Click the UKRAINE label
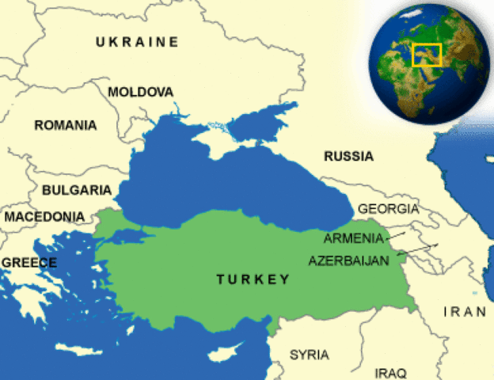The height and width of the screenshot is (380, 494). tap(137, 42)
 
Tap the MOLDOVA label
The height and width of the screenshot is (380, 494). tap(140, 92)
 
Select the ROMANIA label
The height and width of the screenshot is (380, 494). tap(66, 125)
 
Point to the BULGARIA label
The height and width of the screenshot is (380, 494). tap(76, 190)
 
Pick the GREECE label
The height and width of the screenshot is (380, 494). tap(28, 263)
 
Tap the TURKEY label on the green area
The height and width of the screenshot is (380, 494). tap(253, 279)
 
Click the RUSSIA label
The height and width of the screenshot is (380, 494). tap(348, 156)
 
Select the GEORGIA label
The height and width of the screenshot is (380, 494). tap(388, 209)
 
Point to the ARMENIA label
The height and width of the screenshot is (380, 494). tap(353, 238)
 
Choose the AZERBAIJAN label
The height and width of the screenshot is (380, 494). tap(349, 260)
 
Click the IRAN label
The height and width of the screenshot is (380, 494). tap(465, 311)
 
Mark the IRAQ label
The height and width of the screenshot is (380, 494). tap(390, 372)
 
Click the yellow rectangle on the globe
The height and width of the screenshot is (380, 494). tap(427, 55)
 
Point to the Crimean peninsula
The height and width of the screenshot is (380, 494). tap(211, 142)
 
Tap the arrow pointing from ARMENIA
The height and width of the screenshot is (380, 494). tap(398, 235)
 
